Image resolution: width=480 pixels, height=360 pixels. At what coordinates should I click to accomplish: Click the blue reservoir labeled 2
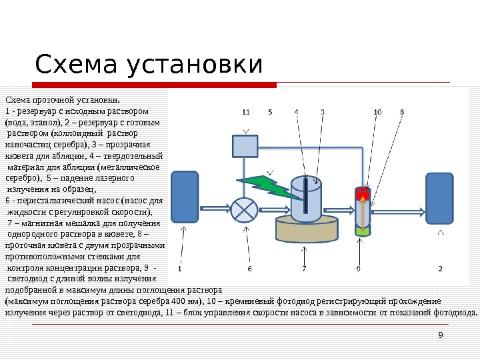click(440, 199)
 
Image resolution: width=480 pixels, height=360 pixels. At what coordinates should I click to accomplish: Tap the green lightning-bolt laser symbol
click(260, 184)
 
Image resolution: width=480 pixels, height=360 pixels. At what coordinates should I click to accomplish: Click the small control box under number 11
click(245, 145)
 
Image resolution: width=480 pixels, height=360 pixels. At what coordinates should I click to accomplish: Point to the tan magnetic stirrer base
click(306, 231)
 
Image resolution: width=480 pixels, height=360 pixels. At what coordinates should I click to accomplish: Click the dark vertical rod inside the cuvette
click(305, 196)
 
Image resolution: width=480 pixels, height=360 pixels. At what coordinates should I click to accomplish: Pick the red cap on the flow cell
click(363, 193)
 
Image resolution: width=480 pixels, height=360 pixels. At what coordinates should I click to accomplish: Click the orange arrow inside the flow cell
click(363, 211)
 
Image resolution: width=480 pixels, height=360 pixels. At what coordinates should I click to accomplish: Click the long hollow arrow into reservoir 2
click(400, 210)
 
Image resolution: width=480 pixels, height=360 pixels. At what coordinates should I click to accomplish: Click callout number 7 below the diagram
click(304, 269)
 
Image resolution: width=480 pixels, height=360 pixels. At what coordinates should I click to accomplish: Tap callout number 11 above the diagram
click(246, 111)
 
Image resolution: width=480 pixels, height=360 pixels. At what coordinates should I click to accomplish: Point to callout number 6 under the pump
click(249, 269)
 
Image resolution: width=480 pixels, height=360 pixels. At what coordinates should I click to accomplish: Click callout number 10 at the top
click(377, 111)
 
